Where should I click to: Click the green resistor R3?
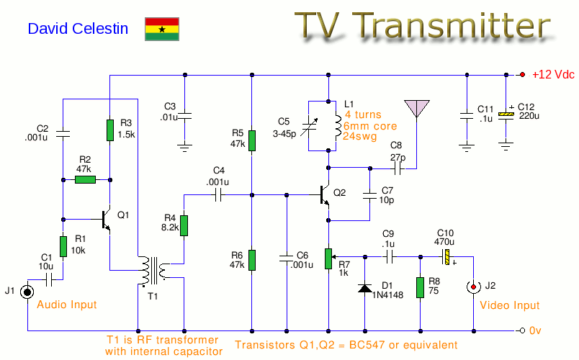pos(109,130)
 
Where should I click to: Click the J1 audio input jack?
pos(27,292)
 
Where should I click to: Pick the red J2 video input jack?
pos(473,288)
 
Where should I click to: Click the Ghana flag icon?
pos(162,29)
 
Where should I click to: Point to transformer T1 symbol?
pos(152,271)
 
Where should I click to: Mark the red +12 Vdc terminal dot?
pos(522,74)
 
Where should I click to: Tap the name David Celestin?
pos(78,29)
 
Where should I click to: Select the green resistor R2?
pos(85,179)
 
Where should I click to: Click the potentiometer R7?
pos(329,258)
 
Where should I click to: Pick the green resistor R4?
pos(184,225)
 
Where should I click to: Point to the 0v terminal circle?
pos(521,331)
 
